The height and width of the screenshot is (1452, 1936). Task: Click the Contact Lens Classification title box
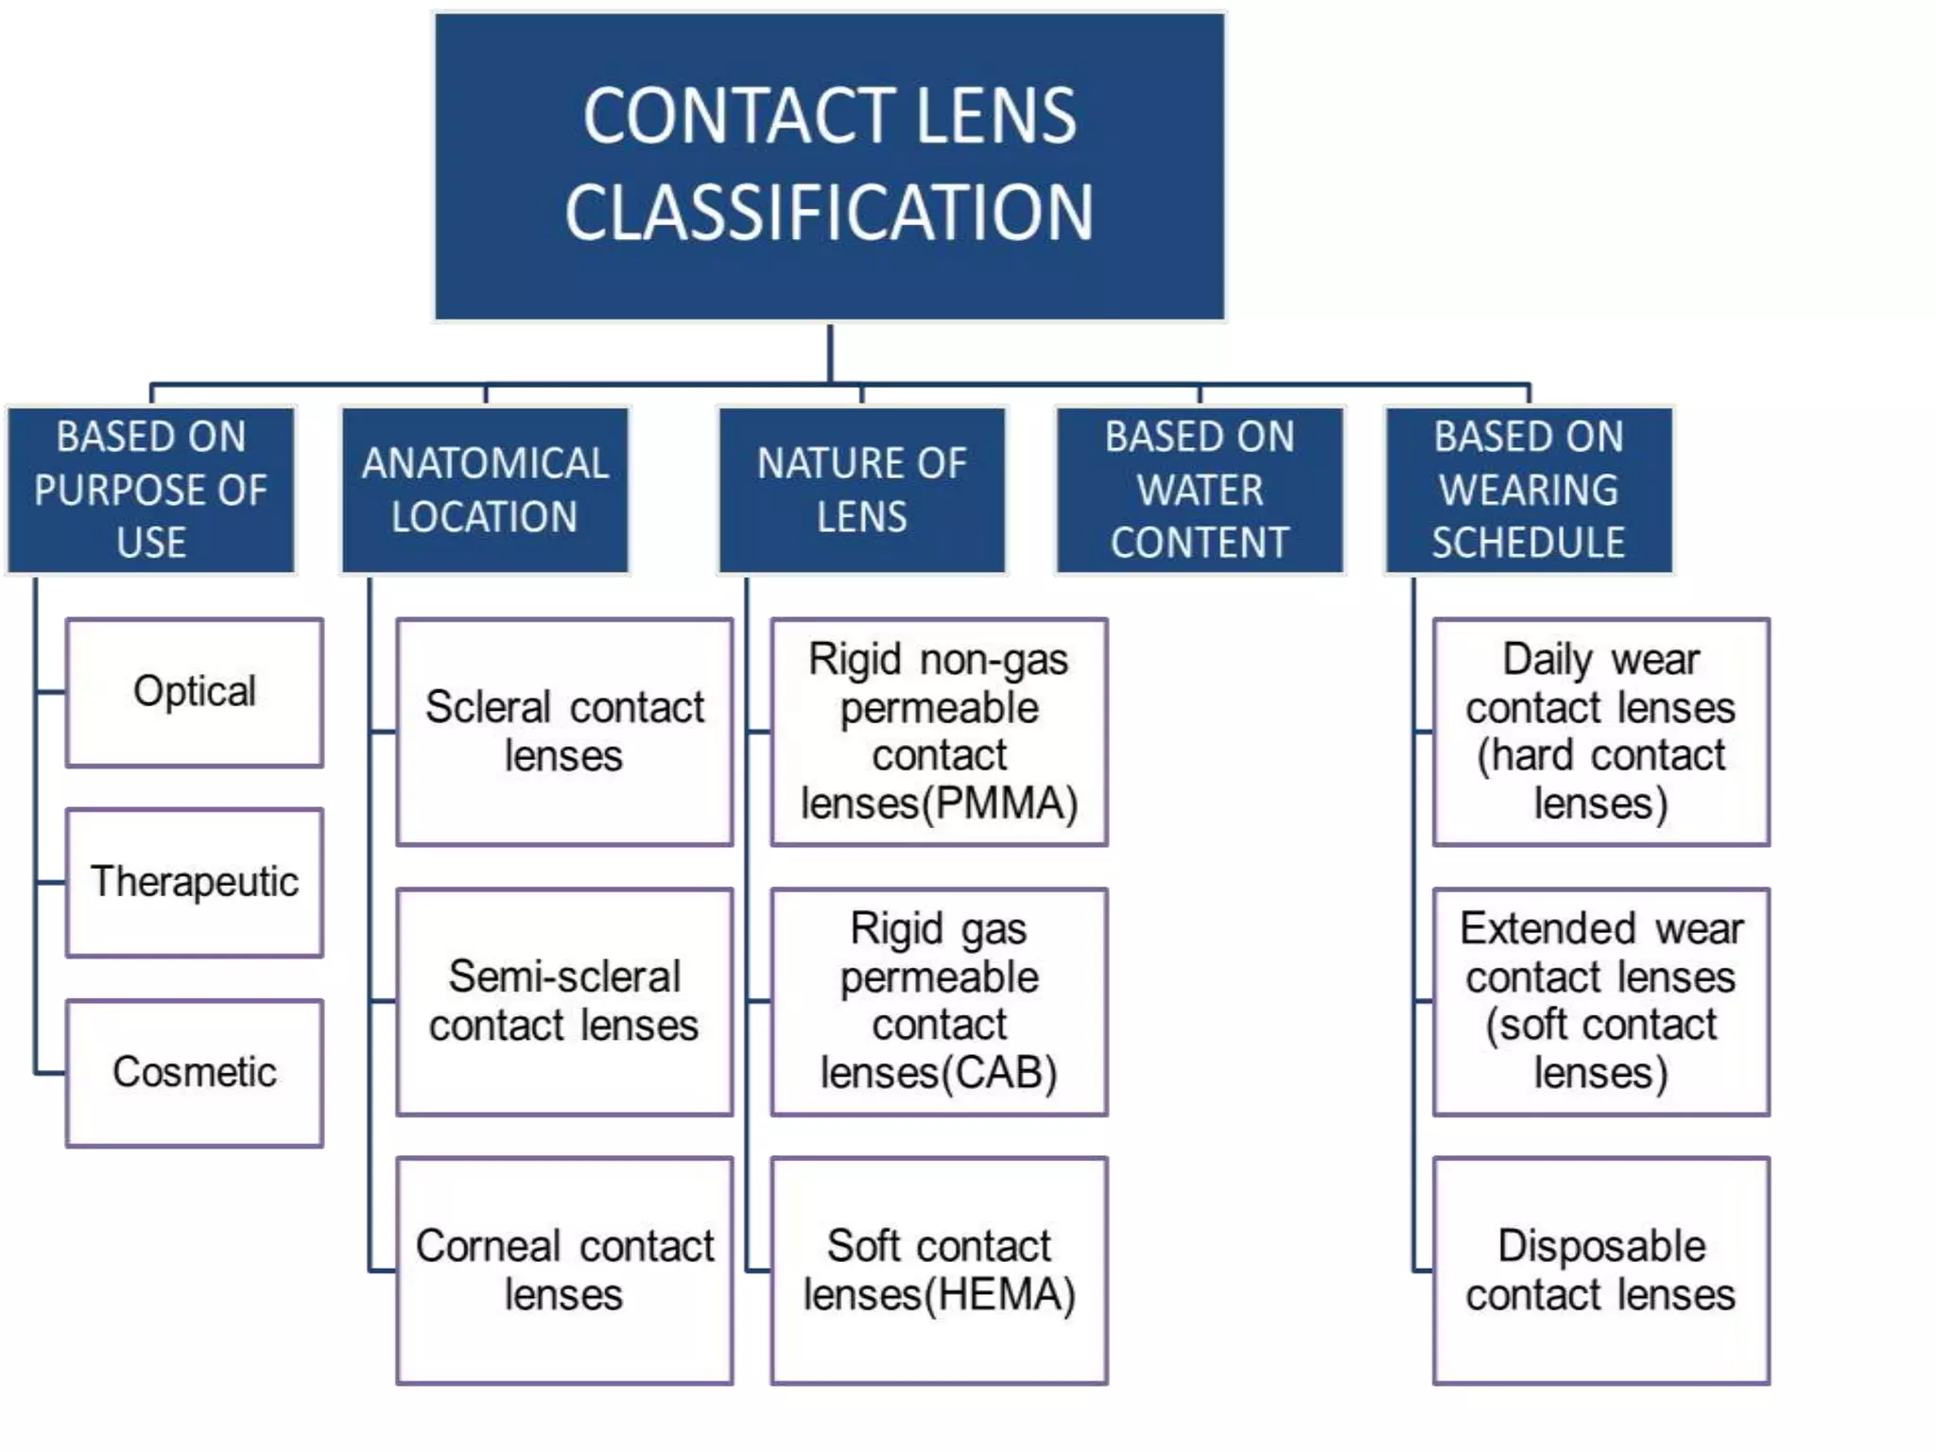(x=829, y=165)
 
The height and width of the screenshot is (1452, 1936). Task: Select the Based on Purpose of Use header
(x=151, y=490)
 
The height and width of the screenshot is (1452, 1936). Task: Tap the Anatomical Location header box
(x=485, y=490)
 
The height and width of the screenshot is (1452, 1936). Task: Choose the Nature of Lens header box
(x=861, y=490)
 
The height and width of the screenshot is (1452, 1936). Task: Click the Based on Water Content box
(x=1200, y=490)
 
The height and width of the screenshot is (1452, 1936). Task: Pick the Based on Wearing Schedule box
(x=1529, y=490)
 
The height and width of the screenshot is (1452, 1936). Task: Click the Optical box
(x=195, y=692)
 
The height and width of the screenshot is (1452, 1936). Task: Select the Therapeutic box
(x=195, y=882)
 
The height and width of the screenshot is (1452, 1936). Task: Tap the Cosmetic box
(x=195, y=1073)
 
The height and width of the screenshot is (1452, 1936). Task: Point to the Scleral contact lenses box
(x=564, y=732)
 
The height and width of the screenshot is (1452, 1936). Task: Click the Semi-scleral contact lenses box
(x=564, y=1001)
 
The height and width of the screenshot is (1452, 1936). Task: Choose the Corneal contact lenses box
(x=564, y=1270)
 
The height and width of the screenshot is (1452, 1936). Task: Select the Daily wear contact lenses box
(x=1600, y=732)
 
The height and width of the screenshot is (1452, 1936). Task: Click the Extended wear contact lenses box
(x=1600, y=1001)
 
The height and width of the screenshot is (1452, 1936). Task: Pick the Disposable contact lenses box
(x=1600, y=1270)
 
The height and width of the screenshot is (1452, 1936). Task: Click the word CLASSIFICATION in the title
(x=829, y=214)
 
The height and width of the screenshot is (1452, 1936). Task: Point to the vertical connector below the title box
(x=830, y=353)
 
